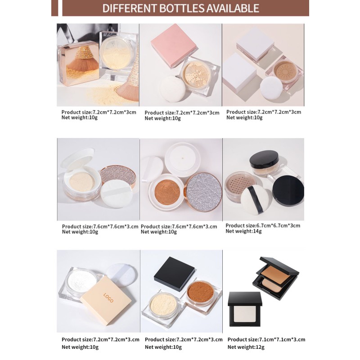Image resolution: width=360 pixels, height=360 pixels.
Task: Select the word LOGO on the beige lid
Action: point(108,297)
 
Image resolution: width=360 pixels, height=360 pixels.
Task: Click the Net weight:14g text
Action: point(243,231)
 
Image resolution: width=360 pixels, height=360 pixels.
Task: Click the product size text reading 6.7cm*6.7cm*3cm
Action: point(263,225)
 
